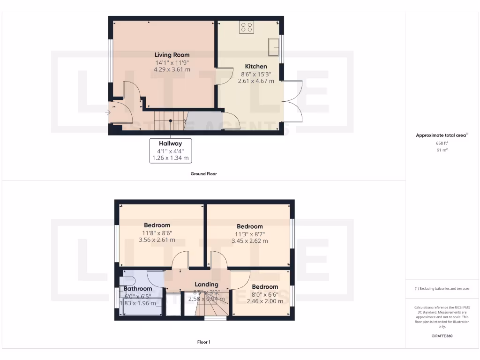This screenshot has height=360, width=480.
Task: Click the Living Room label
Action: point(172,55)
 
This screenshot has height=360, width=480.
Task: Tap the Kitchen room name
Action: point(256,67)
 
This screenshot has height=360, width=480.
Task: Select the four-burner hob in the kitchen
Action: point(247,27)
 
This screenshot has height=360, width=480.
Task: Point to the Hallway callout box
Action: point(170,150)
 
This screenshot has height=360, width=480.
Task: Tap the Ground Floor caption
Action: point(203,174)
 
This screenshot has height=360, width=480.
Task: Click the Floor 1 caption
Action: point(203,342)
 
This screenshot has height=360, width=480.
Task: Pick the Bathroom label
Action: point(138,289)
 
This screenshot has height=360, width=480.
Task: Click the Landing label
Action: point(207,285)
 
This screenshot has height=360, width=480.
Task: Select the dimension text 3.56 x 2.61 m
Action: point(157,240)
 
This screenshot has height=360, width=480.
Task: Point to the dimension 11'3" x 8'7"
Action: point(249,234)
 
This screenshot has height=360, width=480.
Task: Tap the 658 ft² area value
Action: point(442,143)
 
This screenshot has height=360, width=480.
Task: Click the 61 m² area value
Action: point(442,150)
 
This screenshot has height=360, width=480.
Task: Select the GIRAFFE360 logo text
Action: point(442,336)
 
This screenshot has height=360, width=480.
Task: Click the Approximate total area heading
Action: point(442,135)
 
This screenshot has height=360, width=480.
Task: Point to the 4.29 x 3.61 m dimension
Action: point(172,69)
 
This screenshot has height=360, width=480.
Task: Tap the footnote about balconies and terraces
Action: point(442,289)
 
